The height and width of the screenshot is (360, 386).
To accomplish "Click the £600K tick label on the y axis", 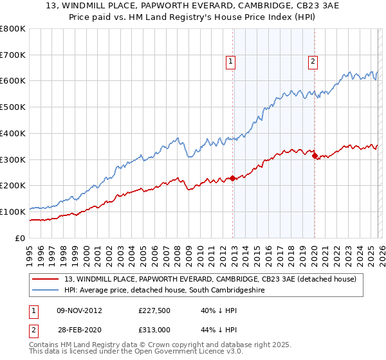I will coord(13,81).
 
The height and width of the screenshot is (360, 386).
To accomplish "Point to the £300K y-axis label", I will coord(13,159).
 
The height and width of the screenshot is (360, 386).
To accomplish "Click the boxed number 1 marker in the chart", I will coord(230,62).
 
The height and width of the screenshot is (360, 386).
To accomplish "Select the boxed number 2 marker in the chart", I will coord(313,62).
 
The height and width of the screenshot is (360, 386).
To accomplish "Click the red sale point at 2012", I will coord(232,178).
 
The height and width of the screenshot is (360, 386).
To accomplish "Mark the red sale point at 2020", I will coord(314,156).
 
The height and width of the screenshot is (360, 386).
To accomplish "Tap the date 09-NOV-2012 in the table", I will coord(79,310).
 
